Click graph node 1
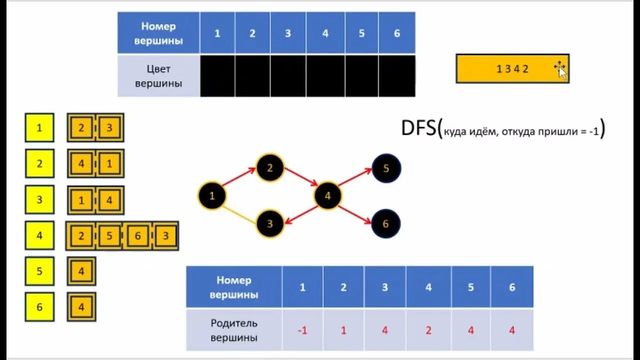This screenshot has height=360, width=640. [211, 195]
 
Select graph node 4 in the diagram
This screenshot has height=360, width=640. [327, 195]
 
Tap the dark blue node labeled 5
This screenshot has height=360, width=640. [386, 168]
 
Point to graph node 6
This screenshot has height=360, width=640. [385, 223]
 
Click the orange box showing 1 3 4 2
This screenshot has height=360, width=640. [512, 69]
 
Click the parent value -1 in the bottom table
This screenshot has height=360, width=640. [302, 330]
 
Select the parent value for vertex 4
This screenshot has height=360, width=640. [428, 330]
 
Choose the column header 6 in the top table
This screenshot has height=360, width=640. [397, 33]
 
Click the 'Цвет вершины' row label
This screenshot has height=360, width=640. [158, 76]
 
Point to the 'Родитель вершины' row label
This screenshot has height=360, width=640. [234, 330]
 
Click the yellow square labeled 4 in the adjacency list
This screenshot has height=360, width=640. [39, 235]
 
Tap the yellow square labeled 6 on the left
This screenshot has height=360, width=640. [39, 307]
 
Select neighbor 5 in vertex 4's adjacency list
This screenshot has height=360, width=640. [109, 236]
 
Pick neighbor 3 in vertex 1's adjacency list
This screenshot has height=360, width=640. [109, 128]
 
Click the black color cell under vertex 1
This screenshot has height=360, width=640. [217, 76]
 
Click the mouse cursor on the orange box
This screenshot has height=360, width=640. [561, 70]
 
